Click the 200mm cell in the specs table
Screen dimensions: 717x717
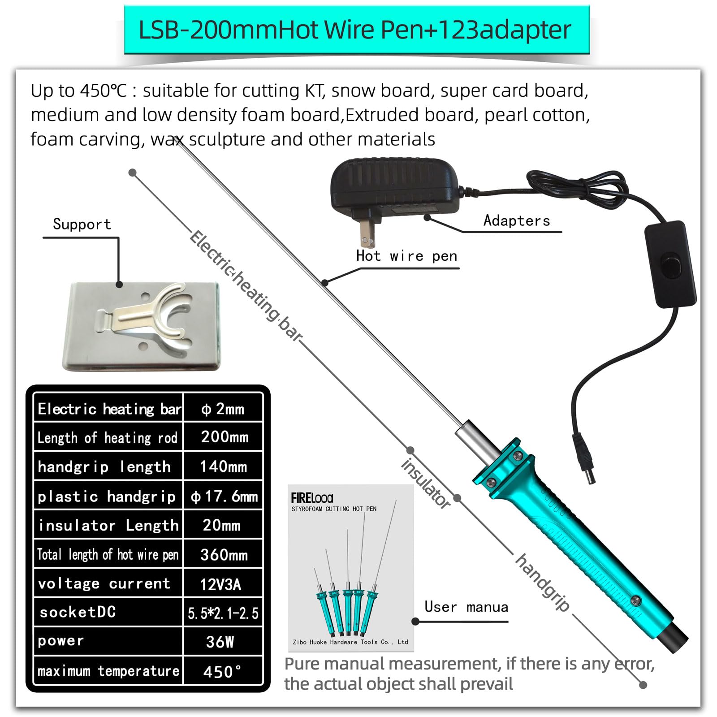[x=224, y=437]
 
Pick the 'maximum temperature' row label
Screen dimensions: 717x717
[x=108, y=671]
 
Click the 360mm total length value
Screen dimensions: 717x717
[x=224, y=555]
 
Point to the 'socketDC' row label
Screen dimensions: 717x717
[x=78, y=612]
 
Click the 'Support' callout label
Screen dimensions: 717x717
[x=82, y=224]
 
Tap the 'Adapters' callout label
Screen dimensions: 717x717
[x=516, y=220]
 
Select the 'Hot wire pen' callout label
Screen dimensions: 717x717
[x=406, y=256]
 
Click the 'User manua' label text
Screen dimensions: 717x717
[x=466, y=607]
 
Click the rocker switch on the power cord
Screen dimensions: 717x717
[x=671, y=264]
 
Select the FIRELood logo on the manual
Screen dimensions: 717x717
[x=312, y=498]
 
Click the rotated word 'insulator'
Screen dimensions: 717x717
[x=425, y=484]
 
